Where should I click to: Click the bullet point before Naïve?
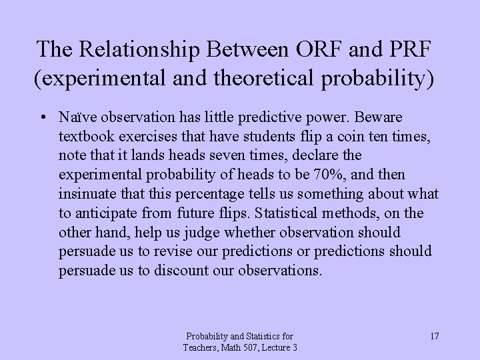click(x=43, y=117)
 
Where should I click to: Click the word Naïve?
click(x=75, y=117)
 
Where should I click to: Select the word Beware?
click(x=399, y=117)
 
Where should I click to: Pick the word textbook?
click(x=84, y=136)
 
